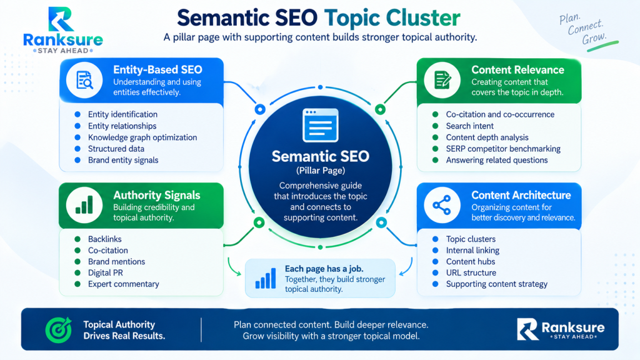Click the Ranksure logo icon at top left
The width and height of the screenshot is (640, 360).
(61, 19)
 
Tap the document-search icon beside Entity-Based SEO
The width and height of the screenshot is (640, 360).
(84, 80)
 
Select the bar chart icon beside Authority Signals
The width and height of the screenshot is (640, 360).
(84, 205)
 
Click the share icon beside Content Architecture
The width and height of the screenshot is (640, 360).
(442, 205)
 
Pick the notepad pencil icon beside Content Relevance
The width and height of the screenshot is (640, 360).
(442, 80)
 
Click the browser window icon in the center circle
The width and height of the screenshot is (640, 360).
(321, 125)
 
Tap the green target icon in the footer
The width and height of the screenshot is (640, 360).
(58, 330)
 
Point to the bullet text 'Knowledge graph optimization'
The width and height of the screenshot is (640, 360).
(142, 137)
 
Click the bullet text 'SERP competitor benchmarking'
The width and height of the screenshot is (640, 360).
(503, 149)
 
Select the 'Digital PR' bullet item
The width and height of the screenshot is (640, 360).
(105, 272)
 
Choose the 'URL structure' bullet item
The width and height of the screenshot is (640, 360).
(471, 272)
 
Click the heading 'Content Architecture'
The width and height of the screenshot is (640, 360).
(521, 195)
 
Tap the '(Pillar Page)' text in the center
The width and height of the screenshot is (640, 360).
(321, 171)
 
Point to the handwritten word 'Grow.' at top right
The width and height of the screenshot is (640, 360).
(594, 38)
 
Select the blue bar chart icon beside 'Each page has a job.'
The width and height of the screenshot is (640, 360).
(265, 278)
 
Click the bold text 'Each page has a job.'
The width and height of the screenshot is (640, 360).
(324, 269)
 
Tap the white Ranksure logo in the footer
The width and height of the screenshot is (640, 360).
(561, 329)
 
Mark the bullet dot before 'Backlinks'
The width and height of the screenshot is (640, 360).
(77, 239)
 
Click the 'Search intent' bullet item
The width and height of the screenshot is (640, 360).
(469, 126)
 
